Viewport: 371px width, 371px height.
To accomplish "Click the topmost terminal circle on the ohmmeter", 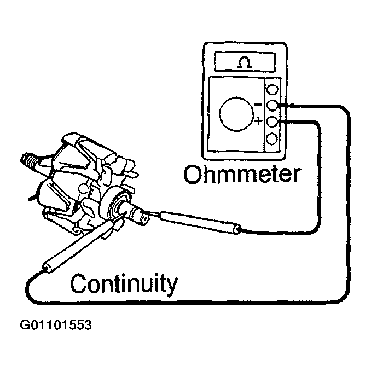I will point(272,88).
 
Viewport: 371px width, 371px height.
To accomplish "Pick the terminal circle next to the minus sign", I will point(272,105).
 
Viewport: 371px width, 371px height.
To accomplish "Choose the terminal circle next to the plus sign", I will point(272,121).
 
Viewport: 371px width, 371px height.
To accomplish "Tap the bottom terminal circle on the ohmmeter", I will point(272,137).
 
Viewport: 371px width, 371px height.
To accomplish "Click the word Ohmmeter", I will point(242,175).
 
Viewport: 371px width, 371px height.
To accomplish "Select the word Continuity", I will point(125,283).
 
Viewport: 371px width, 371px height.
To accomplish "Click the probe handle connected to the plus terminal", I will point(202,222).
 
